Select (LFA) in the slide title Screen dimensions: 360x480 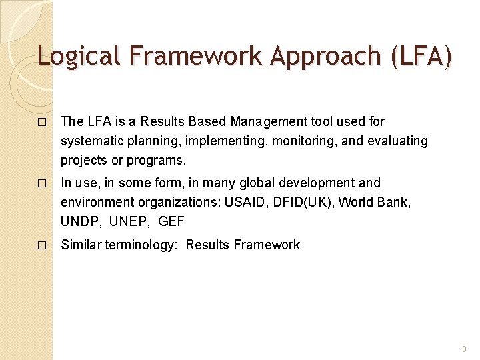coord(421,55)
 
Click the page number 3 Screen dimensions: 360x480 coord(464,348)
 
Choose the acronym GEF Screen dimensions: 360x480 coord(171,221)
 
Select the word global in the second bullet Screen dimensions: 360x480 coord(239,183)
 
